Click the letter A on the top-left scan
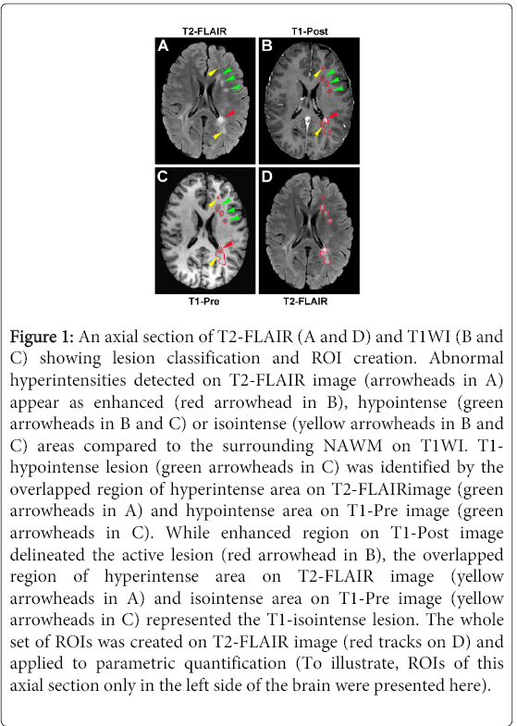pos(163,46)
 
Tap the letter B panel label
pos(266,46)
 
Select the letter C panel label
pos(163,177)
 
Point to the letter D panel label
pos(266,177)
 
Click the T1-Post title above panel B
pos(310,31)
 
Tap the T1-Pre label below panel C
pos(204,301)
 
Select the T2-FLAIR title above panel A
pos(204,31)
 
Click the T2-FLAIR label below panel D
pos(305,301)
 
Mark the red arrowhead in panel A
pos(230,114)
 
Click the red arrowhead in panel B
pos(333,115)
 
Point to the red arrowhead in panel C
pos(228,244)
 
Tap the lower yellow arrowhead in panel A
pos(217,135)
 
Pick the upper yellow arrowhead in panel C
pos(212,203)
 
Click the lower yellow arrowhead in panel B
pos(317,132)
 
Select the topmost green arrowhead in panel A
pos(227,70)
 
